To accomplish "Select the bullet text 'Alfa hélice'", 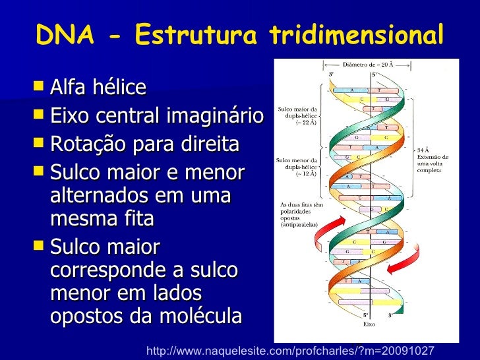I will pyautogui.click(x=98, y=87).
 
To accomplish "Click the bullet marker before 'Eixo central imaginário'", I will pyautogui.click(x=39, y=116).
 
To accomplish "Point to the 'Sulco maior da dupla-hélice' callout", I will pyautogui.click(x=298, y=116).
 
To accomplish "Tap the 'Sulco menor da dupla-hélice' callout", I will pyautogui.click(x=297, y=167).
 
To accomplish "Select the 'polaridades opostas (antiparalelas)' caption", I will pyautogui.click(x=299, y=214).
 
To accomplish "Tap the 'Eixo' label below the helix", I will pyautogui.click(x=369, y=324).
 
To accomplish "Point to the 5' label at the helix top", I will pyautogui.click(x=375, y=75).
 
